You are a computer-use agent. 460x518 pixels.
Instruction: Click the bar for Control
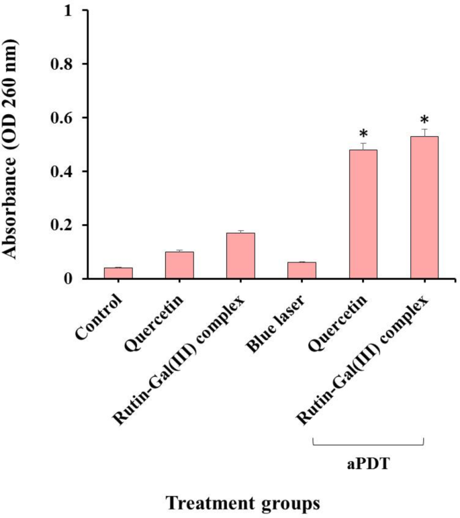click(118, 273)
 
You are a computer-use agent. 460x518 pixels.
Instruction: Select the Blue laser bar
click(302, 270)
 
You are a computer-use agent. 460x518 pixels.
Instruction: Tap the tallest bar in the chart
click(424, 207)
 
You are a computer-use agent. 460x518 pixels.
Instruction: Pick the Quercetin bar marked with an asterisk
click(363, 214)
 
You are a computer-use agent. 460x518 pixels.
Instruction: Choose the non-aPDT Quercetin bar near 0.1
click(179, 265)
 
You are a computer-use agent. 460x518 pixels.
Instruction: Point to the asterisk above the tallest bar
click(424, 121)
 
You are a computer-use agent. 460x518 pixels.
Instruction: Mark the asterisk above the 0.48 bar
click(363, 133)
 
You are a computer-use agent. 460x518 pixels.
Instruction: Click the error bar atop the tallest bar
click(424, 132)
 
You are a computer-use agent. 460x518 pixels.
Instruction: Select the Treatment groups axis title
click(242, 503)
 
